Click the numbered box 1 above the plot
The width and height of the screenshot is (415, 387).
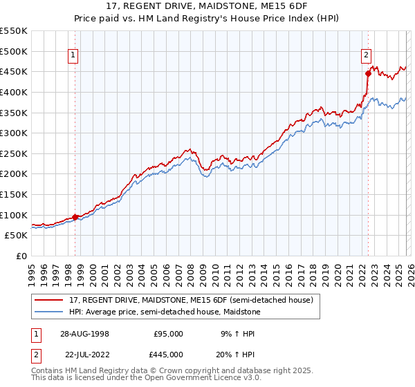[x=73, y=57]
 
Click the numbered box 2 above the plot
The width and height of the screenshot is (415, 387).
[x=365, y=57]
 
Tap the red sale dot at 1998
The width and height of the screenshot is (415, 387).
[x=75, y=217]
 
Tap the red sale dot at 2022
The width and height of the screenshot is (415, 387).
[x=368, y=73]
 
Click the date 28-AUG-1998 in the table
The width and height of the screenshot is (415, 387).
[x=84, y=333]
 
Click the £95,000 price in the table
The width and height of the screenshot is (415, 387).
[x=168, y=333]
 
